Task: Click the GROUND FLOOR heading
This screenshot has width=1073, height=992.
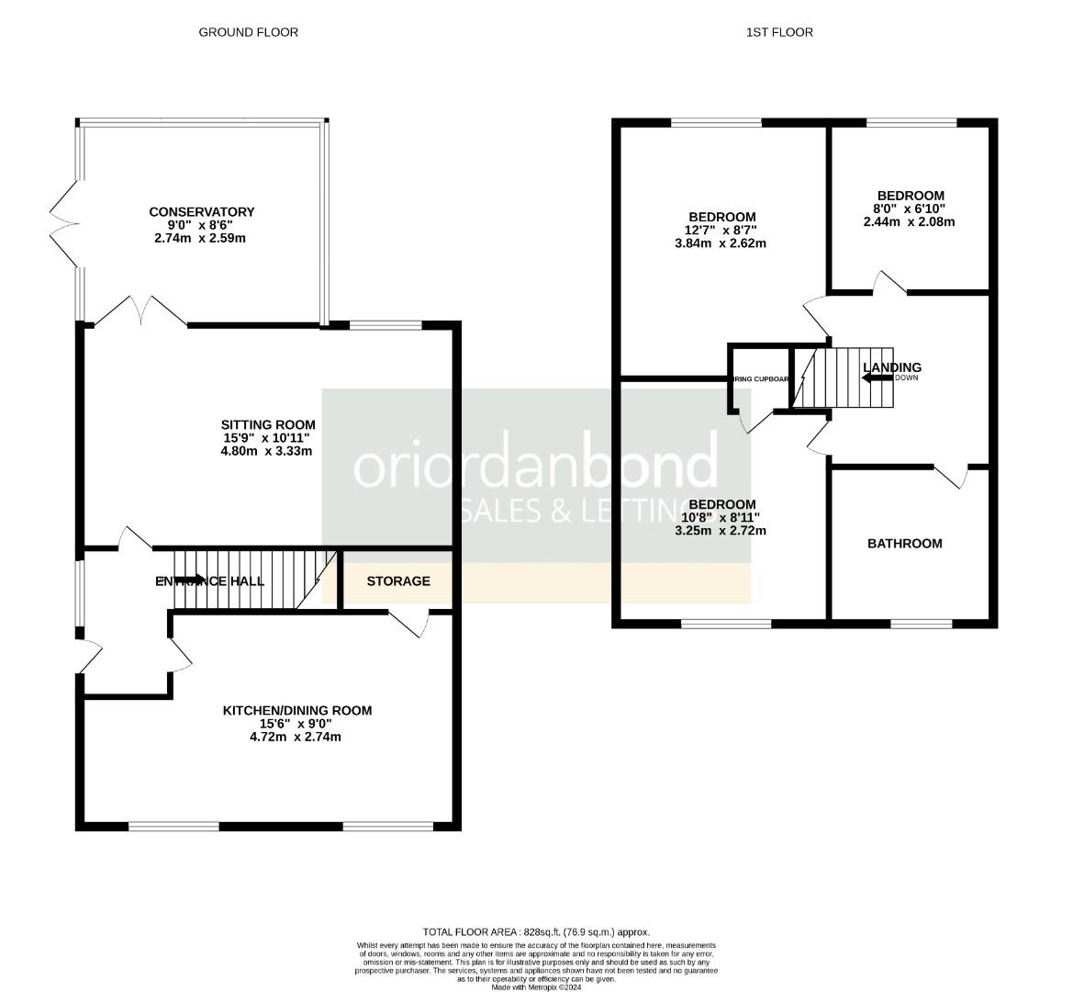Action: [x=248, y=32]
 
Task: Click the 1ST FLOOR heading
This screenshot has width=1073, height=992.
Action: [x=779, y=32]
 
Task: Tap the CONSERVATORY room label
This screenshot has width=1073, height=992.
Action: [x=202, y=212]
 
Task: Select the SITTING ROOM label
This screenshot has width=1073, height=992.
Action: [x=268, y=424]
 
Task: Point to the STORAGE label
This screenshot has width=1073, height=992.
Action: [x=398, y=581]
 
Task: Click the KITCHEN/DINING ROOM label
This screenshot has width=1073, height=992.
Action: [x=297, y=710]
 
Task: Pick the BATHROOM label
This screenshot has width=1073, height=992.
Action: [x=905, y=544]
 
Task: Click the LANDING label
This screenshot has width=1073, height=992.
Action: [x=892, y=367]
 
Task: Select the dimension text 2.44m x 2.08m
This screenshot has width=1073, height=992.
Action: [x=911, y=222]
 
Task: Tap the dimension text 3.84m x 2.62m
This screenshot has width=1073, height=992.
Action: [x=721, y=243]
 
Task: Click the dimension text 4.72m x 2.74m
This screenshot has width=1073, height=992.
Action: [x=296, y=737]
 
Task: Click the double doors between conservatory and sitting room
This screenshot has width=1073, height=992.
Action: [x=141, y=312]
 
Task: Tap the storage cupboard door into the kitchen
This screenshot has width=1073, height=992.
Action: [x=409, y=622]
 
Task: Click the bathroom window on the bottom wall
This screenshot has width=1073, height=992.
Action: [x=921, y=624]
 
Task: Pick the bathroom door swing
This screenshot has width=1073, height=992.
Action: [x=953, y=476]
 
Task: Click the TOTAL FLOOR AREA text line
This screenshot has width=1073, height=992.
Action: [x=536, y=931]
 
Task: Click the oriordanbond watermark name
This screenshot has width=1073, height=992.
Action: [x=535, y=463]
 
